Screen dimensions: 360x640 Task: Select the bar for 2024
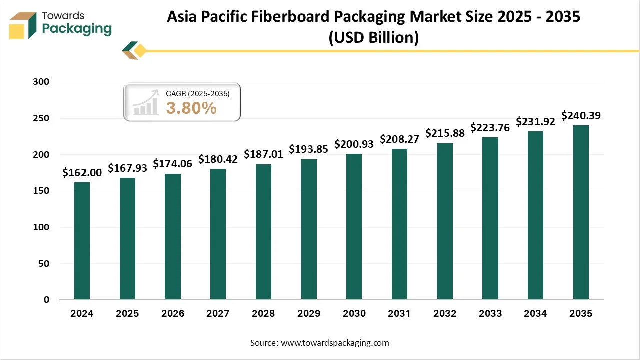click(82, 241)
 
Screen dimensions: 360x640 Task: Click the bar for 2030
click(354, 227)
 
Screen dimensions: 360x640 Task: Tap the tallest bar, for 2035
click(581, 212)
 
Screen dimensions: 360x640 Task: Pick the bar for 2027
click(218, 234)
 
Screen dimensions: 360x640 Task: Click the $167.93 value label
click(127, 168)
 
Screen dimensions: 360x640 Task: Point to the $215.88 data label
click(445, 133)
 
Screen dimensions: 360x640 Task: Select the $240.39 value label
click(581, 116)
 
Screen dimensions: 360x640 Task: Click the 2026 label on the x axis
click(172, 314)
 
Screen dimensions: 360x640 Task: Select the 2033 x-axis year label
click(490, 314)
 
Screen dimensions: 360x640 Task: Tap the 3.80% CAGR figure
click(191, 108)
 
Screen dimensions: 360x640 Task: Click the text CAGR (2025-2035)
click(197, 93)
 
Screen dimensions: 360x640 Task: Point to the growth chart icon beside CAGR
click(146, 103)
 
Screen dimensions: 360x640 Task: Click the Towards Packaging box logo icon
click(24, 25)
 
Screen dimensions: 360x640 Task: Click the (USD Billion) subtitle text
click(373, 37)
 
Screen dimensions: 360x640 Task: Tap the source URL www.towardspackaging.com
click(335, 343)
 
